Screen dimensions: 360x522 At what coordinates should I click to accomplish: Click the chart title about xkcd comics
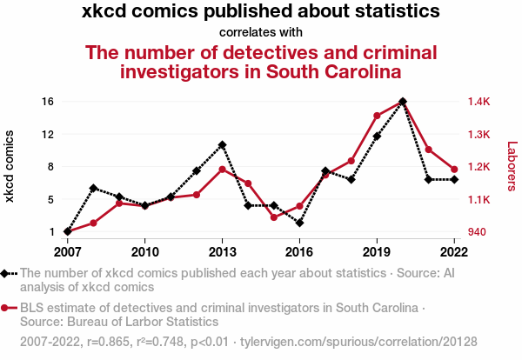point(261,12)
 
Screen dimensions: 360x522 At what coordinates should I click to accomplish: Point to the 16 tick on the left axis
point(48,102)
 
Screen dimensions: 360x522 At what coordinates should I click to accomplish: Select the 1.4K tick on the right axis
point(478,102)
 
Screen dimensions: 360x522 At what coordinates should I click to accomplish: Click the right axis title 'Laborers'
point(512,166)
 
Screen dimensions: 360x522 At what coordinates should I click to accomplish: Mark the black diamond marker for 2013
point(223,144)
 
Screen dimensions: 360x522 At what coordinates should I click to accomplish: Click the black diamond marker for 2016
point(299,223)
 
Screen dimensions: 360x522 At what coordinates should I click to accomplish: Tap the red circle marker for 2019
point(377,116)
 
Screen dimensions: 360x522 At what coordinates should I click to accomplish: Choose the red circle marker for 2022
point(454,169)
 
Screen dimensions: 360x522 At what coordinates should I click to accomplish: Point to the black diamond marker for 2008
point(93,188)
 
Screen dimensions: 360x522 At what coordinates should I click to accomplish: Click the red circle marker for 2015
point(274,217)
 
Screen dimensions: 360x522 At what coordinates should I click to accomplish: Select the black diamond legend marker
point(6,274)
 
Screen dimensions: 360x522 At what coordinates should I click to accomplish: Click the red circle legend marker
point(6,308)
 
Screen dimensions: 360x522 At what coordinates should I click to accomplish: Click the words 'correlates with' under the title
point(261,33)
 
